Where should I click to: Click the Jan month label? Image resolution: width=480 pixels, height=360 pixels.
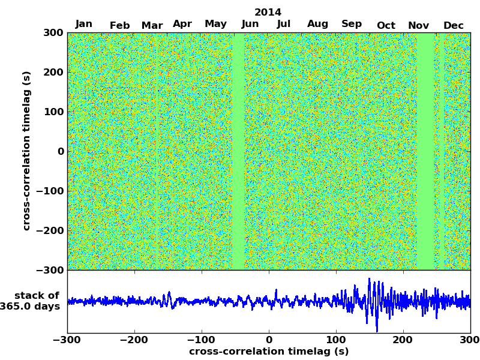[84, 24]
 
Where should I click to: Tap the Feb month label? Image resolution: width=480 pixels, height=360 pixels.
[120, 25]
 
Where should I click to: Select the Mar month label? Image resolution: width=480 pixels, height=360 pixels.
[152, 25]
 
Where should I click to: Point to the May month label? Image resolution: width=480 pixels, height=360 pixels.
[215, 24]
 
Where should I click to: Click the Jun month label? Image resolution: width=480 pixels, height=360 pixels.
[250, 24]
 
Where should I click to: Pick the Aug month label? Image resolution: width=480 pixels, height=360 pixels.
[317, 24]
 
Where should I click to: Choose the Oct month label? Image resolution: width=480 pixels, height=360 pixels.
[386, 25]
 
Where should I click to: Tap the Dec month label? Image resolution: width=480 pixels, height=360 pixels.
[453, 25]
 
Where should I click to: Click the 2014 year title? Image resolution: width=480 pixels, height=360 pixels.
[268, 12]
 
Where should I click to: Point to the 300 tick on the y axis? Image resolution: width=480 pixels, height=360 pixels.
[53, 32]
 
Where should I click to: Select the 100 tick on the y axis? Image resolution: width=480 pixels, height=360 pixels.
[53, 112]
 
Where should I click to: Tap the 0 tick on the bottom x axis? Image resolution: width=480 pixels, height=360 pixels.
[269, 340]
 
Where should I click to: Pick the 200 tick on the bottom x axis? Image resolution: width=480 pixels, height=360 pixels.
[403, 340]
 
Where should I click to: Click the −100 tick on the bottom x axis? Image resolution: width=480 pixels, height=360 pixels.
[202, 340]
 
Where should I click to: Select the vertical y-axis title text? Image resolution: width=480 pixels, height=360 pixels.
[26, 151]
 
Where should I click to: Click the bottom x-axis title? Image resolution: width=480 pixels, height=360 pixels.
[269, 352]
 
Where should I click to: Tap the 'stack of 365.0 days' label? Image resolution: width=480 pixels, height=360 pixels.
[34, 301]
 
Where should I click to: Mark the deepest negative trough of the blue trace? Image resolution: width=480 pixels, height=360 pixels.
[377, 331]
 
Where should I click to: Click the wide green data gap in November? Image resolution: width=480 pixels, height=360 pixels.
[425, 151]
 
